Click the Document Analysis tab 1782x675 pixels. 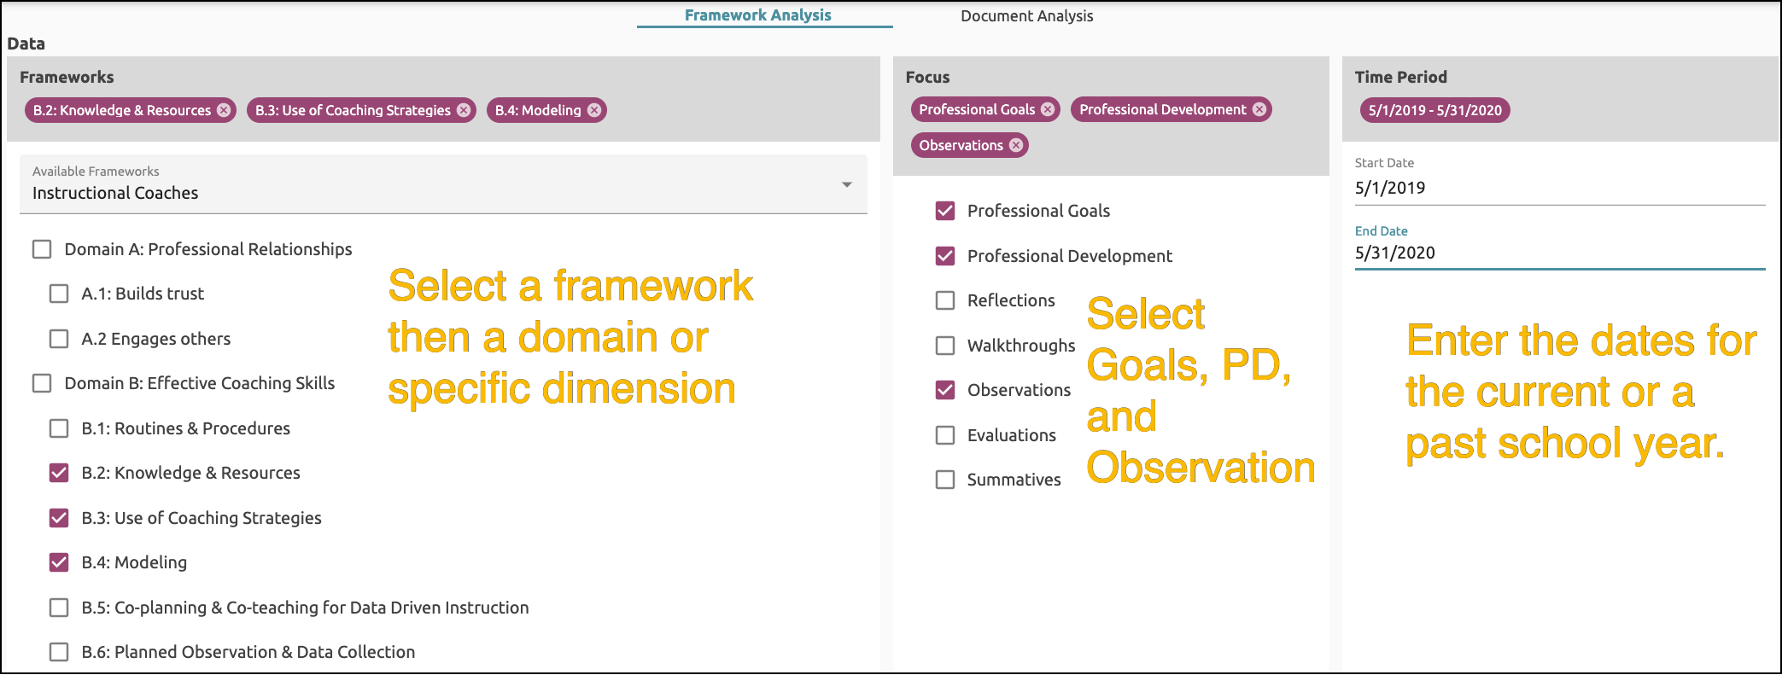(x=1026, y=16)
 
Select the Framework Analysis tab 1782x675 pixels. (x=757, y=15)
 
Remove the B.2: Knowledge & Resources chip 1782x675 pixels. (x=224, y=110)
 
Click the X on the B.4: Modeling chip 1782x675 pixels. (x=594, y=110)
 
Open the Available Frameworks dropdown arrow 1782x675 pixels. (x=846, y=184)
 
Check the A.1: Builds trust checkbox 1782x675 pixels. (x=59, y=294)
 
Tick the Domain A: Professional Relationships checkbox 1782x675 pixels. (x=42, y=249)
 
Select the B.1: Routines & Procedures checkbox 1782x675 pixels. (x=59, y=428)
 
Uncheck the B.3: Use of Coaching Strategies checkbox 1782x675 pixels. (x=59, y=518)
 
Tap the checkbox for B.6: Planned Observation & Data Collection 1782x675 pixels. (x=59, y=652)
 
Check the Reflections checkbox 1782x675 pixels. (x=945, y=300)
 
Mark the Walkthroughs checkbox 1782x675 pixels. (x=945, y=346)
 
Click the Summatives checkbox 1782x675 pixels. (x=945, y=480)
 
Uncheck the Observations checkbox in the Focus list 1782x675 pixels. (x=945, y=390)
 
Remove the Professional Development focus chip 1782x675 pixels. (x=1259, y=109)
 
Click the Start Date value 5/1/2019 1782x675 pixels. (x=1390, y=188)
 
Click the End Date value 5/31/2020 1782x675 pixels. (x=1395, y=253)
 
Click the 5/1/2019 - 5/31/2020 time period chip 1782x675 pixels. (x=1434, y=110)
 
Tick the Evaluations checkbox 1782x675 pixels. (x=945, y=435)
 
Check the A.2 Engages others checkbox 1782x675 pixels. (x=59, y=339)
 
